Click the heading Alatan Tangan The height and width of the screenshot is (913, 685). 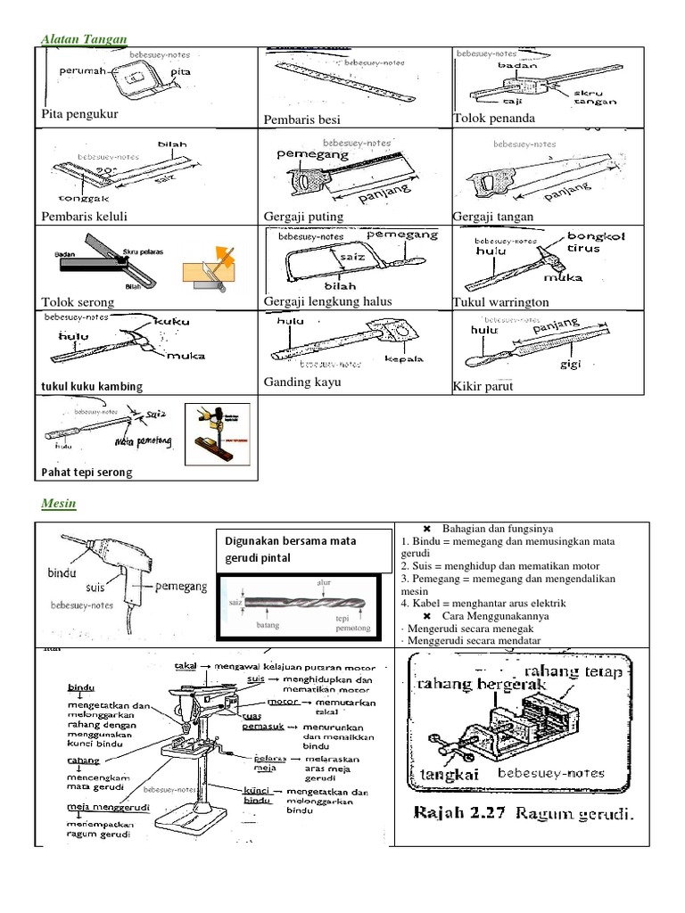[84, 38]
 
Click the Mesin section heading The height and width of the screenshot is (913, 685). [59, 504]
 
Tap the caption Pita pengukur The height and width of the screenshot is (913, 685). [79, 114]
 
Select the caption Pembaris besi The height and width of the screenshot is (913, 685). [302, 119]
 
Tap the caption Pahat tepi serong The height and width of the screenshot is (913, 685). [87, 472]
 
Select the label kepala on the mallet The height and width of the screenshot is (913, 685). [403, 360]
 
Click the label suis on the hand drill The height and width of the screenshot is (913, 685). [101, 589]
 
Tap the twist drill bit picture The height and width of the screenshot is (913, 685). [299, 605]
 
